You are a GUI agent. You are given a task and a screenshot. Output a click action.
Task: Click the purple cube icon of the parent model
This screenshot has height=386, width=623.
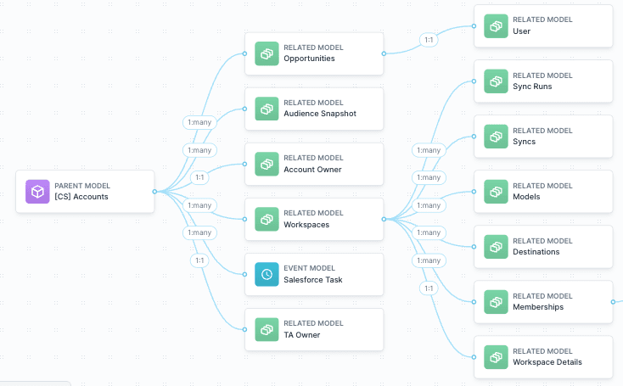point(37,192)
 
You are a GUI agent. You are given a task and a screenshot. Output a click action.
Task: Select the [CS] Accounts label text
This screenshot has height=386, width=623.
point(81,197)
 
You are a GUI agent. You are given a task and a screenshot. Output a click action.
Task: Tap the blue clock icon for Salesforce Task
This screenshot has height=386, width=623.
point(267,274)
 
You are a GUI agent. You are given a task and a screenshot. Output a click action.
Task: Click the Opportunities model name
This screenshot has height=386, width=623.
point(309,59)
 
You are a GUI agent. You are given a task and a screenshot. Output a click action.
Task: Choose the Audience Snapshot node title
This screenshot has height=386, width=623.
point(320,114)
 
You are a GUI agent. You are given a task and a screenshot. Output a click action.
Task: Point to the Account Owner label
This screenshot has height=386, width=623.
point(312,169)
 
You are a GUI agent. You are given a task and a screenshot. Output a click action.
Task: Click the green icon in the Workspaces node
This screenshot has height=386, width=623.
point(267,219)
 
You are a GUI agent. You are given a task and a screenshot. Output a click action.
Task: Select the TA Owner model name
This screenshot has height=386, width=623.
point(301,334)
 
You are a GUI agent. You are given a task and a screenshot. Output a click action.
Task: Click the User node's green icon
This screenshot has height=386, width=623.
point(496,26)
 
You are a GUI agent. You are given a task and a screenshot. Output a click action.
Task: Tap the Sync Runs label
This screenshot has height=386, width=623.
point(531,87)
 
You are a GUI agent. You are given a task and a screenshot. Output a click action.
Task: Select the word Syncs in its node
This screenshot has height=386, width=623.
point(524,142)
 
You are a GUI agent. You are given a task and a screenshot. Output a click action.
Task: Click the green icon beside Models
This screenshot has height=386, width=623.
point(496,192)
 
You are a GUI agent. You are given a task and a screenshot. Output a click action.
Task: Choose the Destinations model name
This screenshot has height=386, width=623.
point(536,252)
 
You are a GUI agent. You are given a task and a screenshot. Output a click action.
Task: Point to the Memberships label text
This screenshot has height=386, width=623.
point(537,307)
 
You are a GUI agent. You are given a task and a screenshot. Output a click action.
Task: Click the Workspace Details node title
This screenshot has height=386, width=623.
point(547,362)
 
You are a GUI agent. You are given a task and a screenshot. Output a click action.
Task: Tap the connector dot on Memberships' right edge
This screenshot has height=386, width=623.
point(612,301)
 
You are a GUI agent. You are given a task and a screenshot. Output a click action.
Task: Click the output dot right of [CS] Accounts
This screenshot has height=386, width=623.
point(154,192)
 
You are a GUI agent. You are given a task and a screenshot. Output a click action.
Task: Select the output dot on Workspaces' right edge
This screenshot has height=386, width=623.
point(384,219)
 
